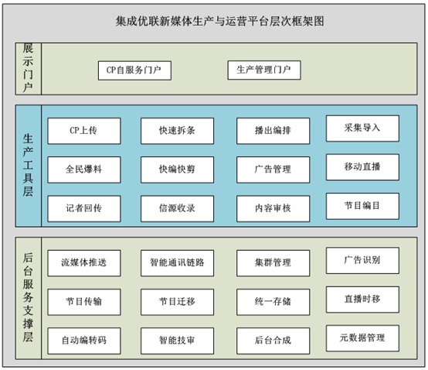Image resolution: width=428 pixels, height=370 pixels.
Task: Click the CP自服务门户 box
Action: (134, 70)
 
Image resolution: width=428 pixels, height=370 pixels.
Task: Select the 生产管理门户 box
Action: (264, 70)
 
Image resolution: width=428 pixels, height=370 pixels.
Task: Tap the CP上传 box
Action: (84, 131)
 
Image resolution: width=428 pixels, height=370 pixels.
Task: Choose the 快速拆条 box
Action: (177, 131)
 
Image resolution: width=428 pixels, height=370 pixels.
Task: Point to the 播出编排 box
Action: (273, 131)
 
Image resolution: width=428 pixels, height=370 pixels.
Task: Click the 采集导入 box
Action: (362, 128)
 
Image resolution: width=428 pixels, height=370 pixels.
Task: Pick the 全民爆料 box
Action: (84, 170)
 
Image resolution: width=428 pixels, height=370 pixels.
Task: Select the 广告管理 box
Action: (273, 170)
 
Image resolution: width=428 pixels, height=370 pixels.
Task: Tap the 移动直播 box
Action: (362, 167)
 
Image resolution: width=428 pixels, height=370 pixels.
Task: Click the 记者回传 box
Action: (84, 208)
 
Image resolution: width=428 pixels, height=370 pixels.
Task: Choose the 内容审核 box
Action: (273, 208)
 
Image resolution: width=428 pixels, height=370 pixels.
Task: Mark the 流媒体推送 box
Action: (84, 263)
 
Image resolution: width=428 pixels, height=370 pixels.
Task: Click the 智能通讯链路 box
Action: (177, 263)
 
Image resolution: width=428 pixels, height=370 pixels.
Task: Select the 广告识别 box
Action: (362, 260)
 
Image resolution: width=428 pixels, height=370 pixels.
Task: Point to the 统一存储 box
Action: (273, 302)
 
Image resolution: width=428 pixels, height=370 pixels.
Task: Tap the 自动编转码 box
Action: (84, 341)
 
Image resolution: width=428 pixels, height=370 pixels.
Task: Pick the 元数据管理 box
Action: (362, 338)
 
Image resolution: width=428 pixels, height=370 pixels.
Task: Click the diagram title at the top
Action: (219, 21)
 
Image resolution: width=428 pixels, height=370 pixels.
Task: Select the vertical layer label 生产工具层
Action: (28, 165)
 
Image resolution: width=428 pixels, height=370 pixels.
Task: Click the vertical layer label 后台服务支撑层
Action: (28, 297)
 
